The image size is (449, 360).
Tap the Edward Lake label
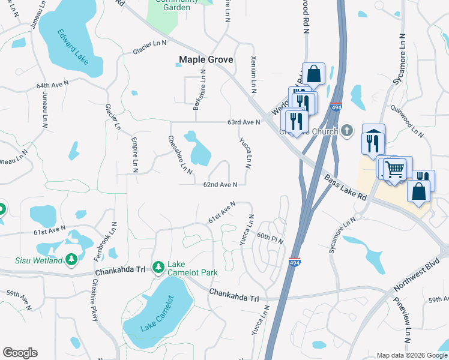coord(73,47)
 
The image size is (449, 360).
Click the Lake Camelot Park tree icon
coord(158,266)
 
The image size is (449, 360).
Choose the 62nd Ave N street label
coord(220,185)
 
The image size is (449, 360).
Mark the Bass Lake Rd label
coord(345,187)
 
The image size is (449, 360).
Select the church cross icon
coord(346,131)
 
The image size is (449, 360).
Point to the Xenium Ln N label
coord(253,76)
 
